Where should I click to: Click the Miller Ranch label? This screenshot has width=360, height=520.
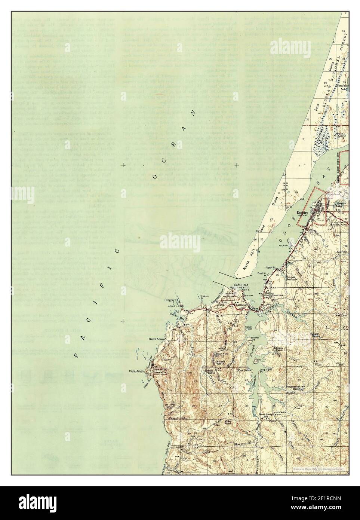[228, 422]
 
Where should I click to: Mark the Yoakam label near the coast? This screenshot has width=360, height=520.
[204, 296]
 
